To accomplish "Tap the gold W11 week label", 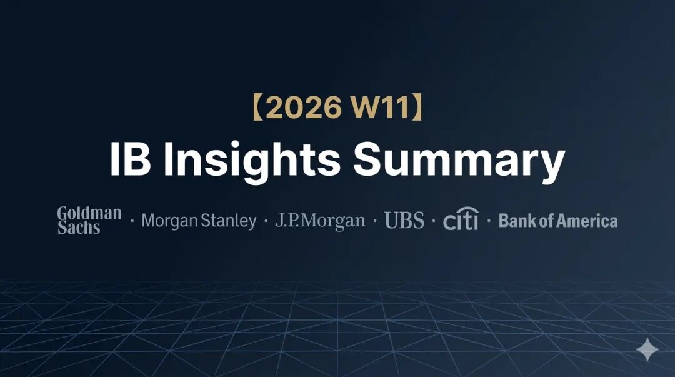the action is [x=381, y=108].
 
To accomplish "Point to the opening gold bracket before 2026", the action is [x=257, y=108].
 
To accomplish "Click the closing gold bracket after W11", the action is [x=417, y=108].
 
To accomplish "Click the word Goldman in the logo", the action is [x=89, y=213].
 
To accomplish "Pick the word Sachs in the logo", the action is [x=79, y=228].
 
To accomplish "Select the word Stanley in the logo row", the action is [x=229, y=221].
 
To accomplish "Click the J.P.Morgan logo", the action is [x=320, y=221].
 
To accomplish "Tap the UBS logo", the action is [x=404, y=220].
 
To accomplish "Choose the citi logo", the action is [x=461, y=219].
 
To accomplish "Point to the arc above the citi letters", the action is [x=467, y=209].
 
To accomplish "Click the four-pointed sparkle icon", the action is [x=647, y=349].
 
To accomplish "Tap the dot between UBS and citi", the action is [x=434, y=221].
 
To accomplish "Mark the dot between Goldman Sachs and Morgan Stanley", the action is [x=132, y=221].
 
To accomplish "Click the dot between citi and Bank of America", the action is [x=489, y=221].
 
